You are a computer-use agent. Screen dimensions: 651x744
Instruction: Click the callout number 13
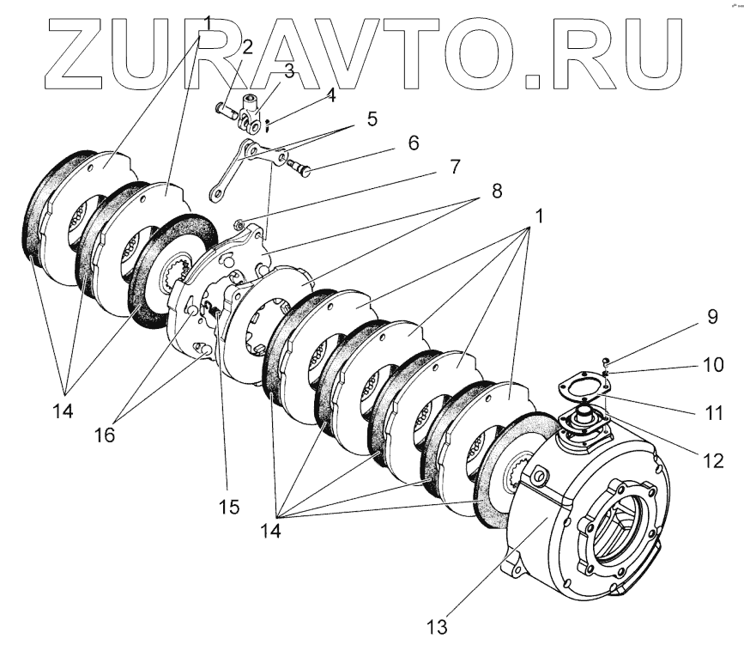coord(437,626)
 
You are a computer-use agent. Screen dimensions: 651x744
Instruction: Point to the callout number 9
coord(712,316)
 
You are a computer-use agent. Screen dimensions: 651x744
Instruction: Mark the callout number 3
coord(289,71)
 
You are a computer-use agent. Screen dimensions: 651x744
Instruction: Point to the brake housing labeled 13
coord(592,515)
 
